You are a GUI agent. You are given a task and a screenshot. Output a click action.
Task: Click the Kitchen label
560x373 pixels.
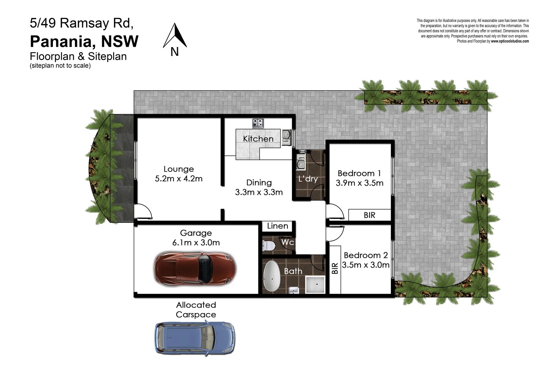point(258,139)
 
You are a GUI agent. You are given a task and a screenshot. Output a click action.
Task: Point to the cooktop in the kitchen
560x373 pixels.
point(258,123)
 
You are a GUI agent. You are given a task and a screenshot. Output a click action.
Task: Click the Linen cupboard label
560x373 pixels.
point(278,226)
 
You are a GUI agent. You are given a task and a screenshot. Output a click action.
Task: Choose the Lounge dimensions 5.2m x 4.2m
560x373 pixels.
point(178,179)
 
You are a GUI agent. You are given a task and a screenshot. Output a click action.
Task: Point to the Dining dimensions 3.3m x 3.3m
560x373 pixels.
point(259,192)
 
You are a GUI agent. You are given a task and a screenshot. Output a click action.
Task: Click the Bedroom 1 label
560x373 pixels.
point(359,173)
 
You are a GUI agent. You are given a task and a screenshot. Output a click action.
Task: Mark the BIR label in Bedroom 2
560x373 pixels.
point(335,268)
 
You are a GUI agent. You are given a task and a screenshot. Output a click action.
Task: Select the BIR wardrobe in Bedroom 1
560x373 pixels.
point(369,215)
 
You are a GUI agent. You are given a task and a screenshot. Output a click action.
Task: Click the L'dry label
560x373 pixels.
point(308,179)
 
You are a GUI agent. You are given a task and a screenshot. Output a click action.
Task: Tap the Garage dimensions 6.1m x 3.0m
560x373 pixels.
point(196,242)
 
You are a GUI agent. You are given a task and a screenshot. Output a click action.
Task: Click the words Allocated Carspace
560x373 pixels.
point(196,310)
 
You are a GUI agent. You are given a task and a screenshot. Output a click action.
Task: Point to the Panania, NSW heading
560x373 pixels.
point(84,41)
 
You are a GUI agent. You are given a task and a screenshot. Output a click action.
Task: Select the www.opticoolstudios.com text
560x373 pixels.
point(510,41)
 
